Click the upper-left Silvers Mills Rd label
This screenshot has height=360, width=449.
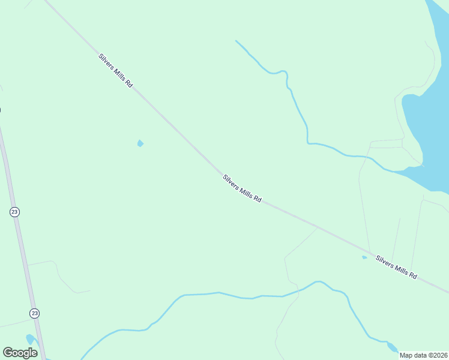pos(115,71)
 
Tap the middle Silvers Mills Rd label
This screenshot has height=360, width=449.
pos(242,188)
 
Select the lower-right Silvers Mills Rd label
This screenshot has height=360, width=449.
pos(396,267)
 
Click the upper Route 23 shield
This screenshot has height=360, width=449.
pos(15,211)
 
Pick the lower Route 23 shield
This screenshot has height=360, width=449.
pos(34,313)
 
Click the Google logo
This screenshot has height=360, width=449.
pos(20,353)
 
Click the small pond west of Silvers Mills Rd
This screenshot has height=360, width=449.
pos(140,143)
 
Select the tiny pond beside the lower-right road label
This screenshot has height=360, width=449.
pos(364,257)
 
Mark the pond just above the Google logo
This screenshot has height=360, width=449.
pos(30,339)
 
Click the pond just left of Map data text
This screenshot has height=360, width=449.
pos(392,347)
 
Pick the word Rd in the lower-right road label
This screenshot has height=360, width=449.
pos(412,275)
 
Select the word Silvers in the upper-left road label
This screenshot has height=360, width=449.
pos(107,63)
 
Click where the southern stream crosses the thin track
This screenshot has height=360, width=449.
pos(296,291)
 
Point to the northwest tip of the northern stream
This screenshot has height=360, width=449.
pos(237,41)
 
